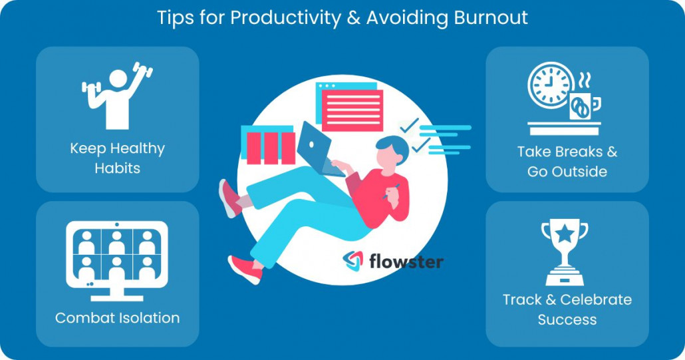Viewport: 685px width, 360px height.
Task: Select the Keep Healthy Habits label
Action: (x=118, y=158)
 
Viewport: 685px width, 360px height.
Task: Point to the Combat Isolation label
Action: (x=118, y=318)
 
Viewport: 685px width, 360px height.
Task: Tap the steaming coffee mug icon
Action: (x=583, y=103)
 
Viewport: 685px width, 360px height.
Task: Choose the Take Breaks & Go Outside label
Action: (x=567, y=161)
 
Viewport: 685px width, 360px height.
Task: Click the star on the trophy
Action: (x=565, y=234)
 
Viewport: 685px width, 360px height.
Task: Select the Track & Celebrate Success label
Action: (x=567, y=309)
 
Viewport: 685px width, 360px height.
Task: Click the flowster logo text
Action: (x=406, y=261)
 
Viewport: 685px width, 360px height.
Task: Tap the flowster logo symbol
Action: (x=353, y=260)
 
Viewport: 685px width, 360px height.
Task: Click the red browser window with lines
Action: (x=352, y=109)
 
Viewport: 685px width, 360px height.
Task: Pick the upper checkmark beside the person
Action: (x=409, y=125)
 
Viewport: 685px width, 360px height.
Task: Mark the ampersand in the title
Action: (x=352, y=18)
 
